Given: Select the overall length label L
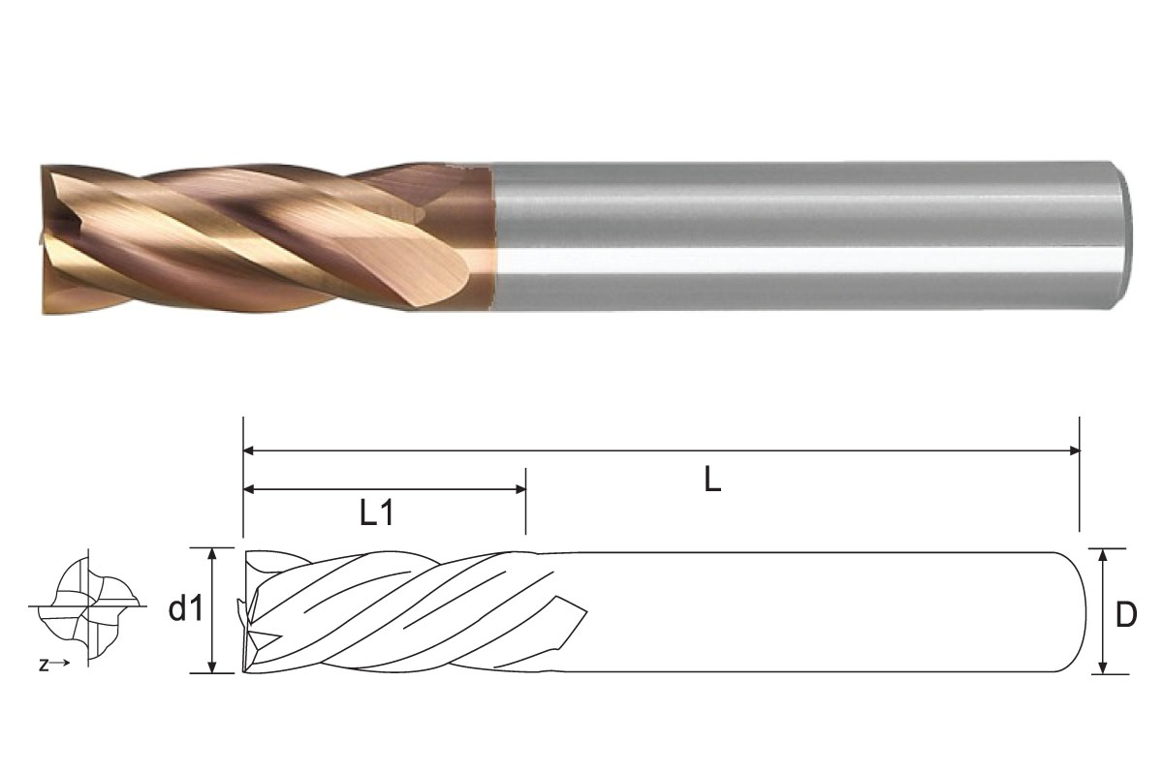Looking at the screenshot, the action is coord(712,481).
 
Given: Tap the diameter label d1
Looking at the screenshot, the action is coord(186,609).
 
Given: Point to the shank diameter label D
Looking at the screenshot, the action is coord(1125,614).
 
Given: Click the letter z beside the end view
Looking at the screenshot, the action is coord(44,665).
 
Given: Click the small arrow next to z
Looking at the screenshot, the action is coord(60,664).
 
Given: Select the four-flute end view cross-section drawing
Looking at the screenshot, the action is coord(87,607).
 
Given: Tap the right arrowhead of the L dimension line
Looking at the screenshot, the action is coord(1073,450).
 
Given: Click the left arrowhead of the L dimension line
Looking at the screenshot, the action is coord(248,450).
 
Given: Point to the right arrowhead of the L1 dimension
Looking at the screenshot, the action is coord(519,489).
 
